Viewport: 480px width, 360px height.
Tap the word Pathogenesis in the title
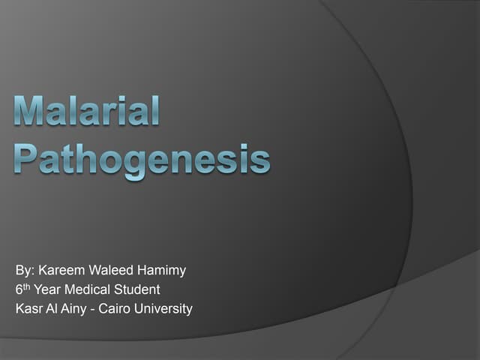tap(142, 160)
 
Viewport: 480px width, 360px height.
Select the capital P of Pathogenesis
tap(28, 158)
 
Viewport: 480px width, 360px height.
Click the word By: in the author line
tap(25, 268)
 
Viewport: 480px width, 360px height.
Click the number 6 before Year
tap(18, 289)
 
